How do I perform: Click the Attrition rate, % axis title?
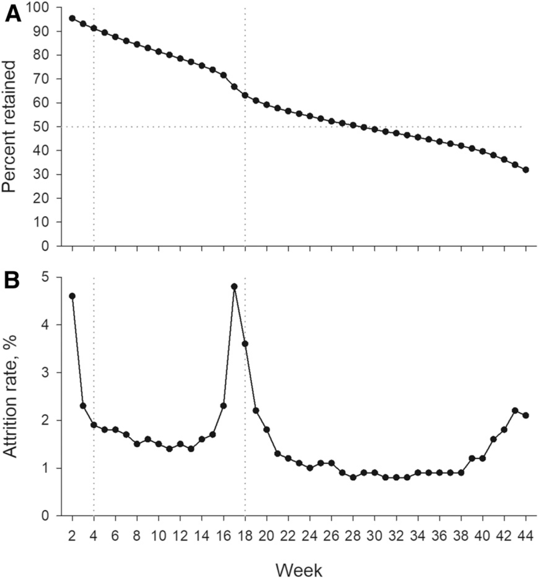11,396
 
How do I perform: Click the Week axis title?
299,570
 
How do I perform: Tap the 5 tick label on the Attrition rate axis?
51,277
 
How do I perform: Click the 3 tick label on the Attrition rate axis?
51,373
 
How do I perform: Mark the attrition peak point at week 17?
234,286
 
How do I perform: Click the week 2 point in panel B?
73,296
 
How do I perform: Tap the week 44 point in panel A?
526,170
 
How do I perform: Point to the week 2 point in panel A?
73,18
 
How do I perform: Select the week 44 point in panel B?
526,415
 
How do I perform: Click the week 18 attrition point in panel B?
245,344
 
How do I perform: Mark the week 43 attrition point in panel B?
515,410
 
